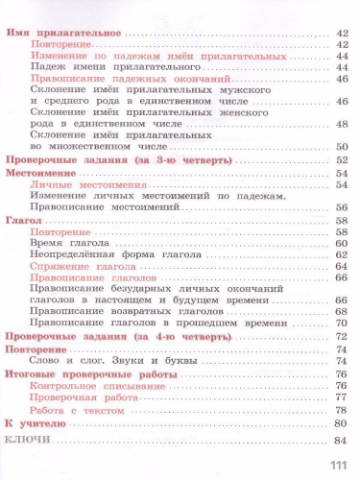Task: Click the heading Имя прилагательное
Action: [x=62, y=34]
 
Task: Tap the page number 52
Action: [x=339, y=159]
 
